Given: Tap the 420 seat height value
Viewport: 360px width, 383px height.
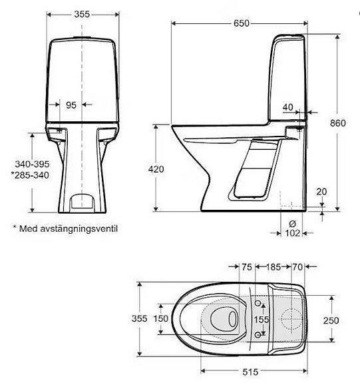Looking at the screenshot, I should pyautogui.click(x=156, y=170).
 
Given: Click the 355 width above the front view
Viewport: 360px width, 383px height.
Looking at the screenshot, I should pyautogui.click(x=82, y=13).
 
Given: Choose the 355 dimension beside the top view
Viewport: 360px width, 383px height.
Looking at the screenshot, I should pyautogui.click(x=138, y=319).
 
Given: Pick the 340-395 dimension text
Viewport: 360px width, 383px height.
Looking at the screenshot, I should pyautogui.click(x=29, y=163).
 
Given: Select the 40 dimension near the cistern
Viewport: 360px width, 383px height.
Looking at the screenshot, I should pyautogui.click(x=287, y=107).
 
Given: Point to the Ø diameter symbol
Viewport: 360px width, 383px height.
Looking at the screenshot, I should pyautogui.click(x=292, y=223).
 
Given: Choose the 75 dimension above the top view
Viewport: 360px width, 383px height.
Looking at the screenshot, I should pyautogui.click(x=246, y=267).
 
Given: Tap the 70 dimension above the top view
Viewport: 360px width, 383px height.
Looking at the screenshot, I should pyautogui.click(x=297, y=267).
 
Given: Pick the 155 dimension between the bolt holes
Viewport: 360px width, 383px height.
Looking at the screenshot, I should pyautogui.click(x=262, y=320).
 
